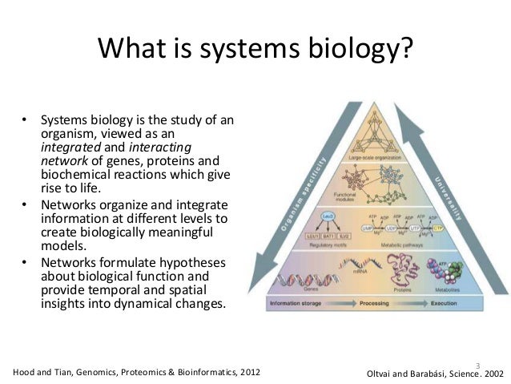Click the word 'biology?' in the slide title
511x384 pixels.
coord(364,51)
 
